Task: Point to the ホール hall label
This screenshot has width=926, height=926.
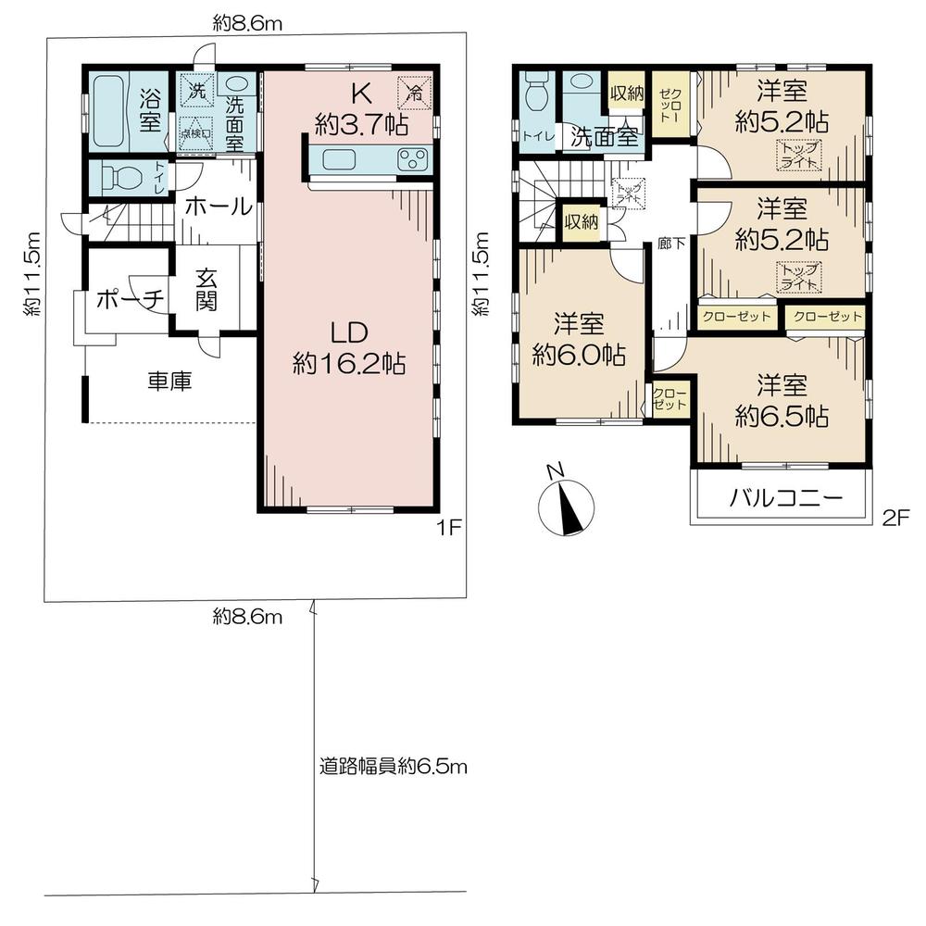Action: tap(218, 207)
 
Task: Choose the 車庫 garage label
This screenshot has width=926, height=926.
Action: tap(169, 381)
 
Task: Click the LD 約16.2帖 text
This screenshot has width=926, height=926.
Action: tap(347, 347)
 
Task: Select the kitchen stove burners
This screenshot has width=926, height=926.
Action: tap(410, 159)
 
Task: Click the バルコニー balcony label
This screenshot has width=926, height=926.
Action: tap(785, 497)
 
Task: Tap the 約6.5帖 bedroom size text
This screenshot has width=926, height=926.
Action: tap(781, 417)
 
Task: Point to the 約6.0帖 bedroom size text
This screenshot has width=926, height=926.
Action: tap(579, 355)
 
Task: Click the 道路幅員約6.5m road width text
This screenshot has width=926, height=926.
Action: tap(394, 767)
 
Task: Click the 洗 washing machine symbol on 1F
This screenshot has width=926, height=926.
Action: tap(195, 91)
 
